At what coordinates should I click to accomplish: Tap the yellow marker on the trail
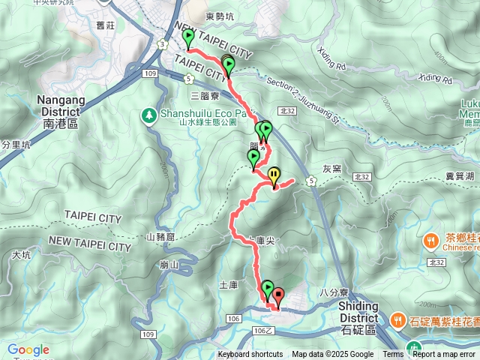coord(274,175)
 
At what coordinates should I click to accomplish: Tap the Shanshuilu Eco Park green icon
coord(149,115)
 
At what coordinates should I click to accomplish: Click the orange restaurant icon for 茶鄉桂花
coord(430,241)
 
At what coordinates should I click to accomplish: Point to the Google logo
coord(28,349)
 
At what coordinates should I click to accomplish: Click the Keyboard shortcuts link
coord(250,355)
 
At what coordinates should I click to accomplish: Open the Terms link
coord(393,355)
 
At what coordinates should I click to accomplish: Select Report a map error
coord(445,355)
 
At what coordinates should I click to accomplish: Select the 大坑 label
coord(22,255)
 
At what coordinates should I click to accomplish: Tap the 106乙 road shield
coord(264,331)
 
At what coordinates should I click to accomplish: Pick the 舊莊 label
coord(106,25)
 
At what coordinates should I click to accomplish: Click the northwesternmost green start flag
coord(187,38)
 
